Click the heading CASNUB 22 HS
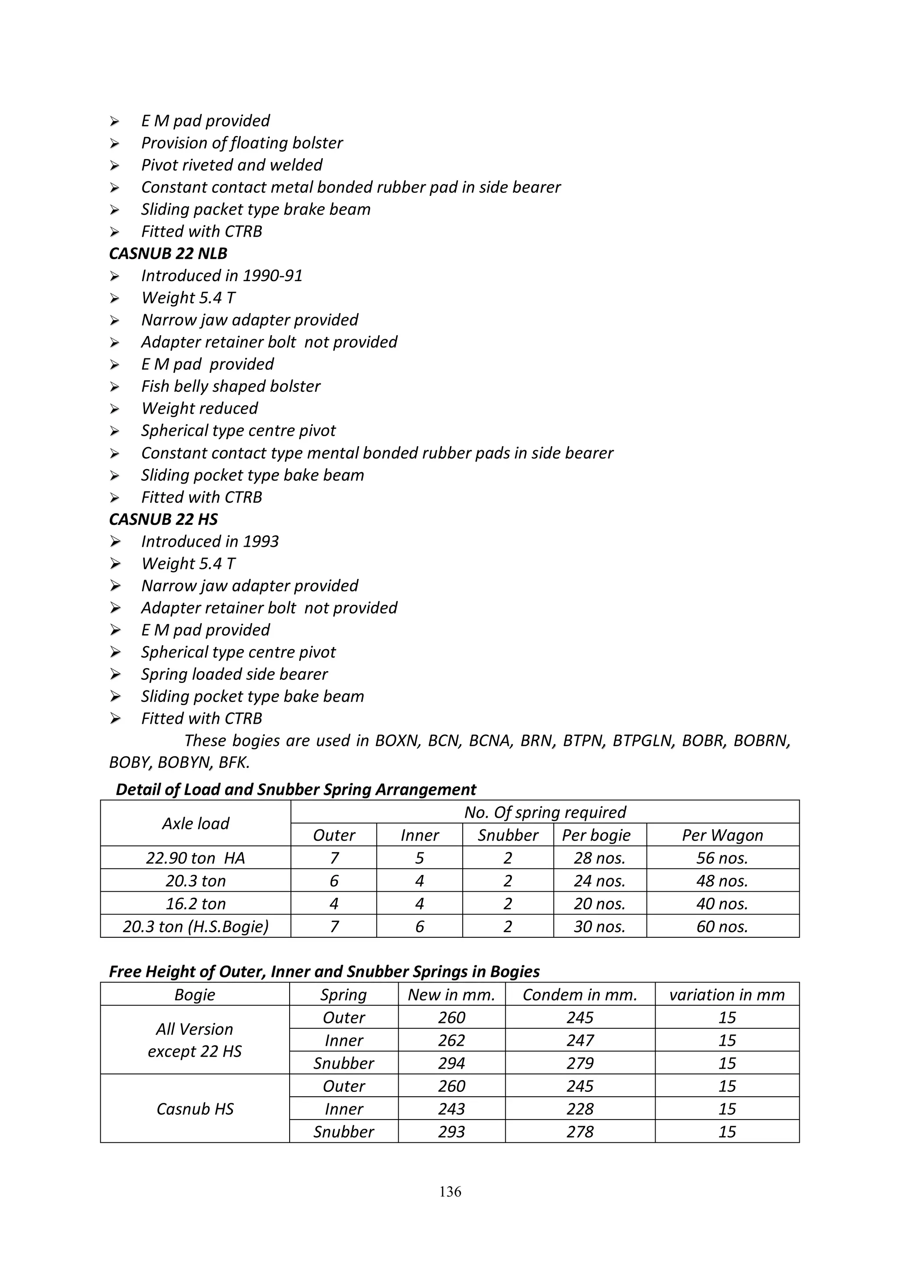(163, 519)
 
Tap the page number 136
(450, 1191)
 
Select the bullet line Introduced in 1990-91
(221, 275)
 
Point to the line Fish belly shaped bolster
(231, 386)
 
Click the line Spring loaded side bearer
(234, 674)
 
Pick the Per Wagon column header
(722, 835)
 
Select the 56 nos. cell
(722, 858)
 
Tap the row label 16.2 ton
(196, 903)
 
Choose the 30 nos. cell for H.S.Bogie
(599, 926)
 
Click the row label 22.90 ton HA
(196, 858)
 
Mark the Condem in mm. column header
(580, 994)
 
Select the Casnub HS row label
(195, 1109)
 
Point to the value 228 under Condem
(580, 1109)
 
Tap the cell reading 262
(451, 1041)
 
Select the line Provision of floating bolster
(242, 143)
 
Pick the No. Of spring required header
(545, 812)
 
